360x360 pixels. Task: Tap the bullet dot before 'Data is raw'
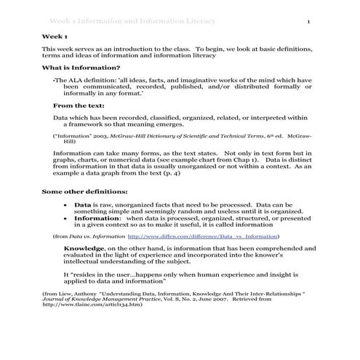[66, 205]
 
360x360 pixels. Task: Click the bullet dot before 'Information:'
[66, 218]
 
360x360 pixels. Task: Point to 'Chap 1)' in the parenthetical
[243, 159]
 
